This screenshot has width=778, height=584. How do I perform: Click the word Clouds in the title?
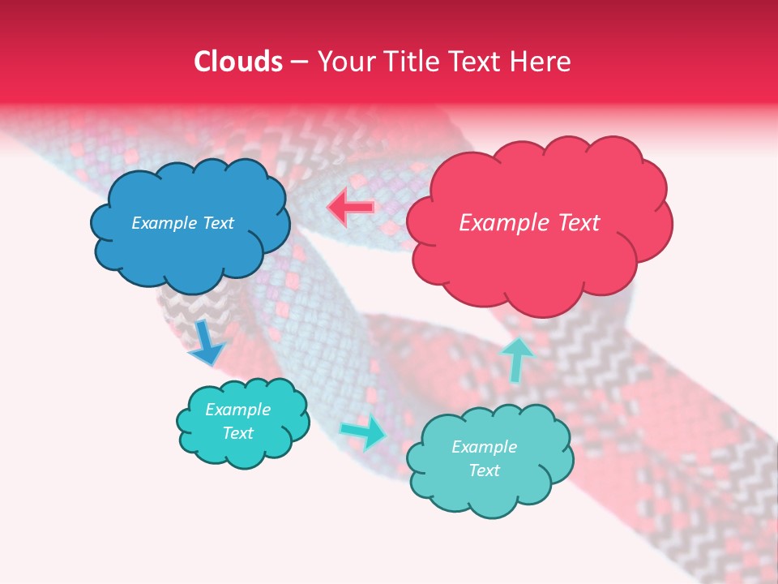pyautogui.click(x=238, y=62)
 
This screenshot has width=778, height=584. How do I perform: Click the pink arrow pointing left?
pyautogui.click(x=350, y=208)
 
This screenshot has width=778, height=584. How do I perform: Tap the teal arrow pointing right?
pyautogui.click(x=363, y=432)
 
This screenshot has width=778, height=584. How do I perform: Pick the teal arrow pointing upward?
pyautogui.click(x=516, y=359)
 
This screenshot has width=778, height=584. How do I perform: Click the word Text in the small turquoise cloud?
pyautogui.click(x=238, y=433)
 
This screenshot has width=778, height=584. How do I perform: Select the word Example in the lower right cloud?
pyautogui.click(x=484, y=447)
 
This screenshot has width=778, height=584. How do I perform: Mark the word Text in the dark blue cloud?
pyautogui.click(x=216, y=223)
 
